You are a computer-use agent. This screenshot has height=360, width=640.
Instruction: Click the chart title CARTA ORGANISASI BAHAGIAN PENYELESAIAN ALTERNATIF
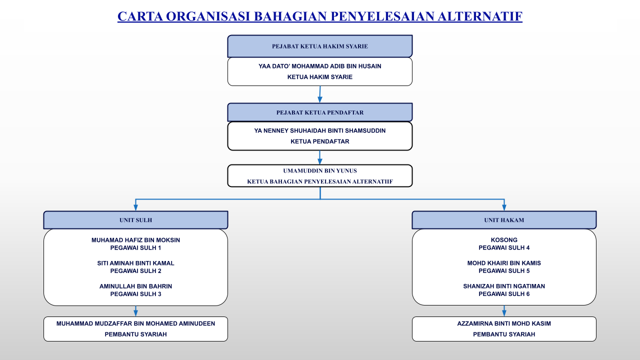(x=320, y=16)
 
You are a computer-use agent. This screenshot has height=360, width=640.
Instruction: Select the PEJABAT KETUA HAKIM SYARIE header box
(x=320, y=46)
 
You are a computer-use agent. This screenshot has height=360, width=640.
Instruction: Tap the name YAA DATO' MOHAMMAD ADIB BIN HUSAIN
(x=320, y=66)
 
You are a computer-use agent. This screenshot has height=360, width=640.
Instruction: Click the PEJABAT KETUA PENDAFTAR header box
(x=320, y=112)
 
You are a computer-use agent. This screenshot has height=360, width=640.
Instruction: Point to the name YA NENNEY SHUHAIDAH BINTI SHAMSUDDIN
(x=320, y=131)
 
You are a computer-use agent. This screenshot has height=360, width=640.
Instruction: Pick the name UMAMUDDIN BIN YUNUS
(x=320, y=171)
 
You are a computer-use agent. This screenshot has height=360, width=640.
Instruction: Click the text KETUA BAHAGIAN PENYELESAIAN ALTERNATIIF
(x=320, y=181)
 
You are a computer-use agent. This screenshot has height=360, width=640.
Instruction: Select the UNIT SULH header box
(x=135, y=220)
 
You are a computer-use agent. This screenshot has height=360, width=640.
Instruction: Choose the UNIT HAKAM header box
(x=504, y=220)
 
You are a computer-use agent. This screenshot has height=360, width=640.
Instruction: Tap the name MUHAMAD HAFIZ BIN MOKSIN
(x=135, y=240)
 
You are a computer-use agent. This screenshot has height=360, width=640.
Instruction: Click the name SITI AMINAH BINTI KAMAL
(x=135, y=263)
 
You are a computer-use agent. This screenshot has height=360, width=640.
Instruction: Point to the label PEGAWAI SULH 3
(x=135, y=294)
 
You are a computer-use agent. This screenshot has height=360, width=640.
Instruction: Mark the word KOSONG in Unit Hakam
(x=504, y=240)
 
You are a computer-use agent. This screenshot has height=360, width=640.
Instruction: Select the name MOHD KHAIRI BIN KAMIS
(x=504, y=263)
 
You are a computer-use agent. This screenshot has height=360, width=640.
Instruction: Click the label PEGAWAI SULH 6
(x=504, y=294)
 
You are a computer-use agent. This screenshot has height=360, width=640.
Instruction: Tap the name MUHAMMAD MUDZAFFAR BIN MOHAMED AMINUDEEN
(x=135, y=323)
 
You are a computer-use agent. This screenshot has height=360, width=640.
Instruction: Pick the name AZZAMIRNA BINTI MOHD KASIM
(x=504, y=323)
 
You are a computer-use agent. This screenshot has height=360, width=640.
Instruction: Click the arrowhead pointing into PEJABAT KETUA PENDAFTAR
(x=319, y=99)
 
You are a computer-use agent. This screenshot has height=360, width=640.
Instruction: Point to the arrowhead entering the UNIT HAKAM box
(x=504, y=207)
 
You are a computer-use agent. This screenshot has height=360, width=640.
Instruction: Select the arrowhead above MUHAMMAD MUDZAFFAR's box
(x=135, y=313)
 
